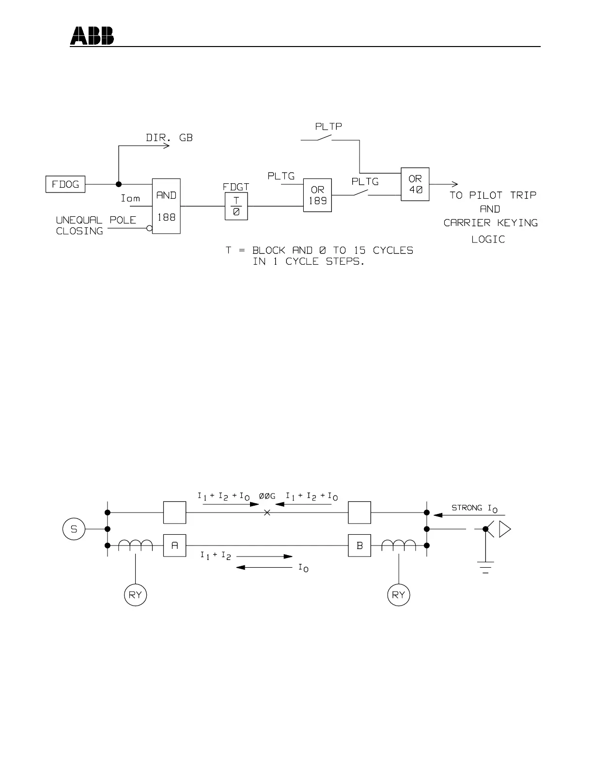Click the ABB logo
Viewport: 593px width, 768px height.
[x=92, y=36]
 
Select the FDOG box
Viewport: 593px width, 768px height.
[x=65, y=184]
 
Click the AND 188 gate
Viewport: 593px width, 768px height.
[x=166, y=206]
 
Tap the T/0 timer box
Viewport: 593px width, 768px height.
[x=236, y=206]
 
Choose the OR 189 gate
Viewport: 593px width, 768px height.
[x=317, y=195]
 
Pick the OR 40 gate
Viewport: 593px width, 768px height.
[x=415, y=184]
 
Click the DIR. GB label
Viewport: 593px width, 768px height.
[x=169, y=138]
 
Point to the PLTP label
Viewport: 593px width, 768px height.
[x=328, y=127]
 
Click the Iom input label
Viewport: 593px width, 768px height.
[x=130, y=198]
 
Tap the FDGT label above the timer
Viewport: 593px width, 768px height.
[x=236, y=187]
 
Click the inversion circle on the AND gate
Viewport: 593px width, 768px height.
[x=150, y=228]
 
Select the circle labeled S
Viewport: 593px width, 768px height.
[x=74, y=529]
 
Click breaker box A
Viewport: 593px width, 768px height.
[x=174, y=545]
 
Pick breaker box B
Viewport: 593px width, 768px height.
[x=359, y=545]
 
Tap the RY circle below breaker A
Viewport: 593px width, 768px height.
[x=135, y=595]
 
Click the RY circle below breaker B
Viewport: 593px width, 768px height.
[x=398, y=595]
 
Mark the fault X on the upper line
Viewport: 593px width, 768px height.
[x=267, y=512]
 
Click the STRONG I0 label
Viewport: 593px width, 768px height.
[x=474, y=508]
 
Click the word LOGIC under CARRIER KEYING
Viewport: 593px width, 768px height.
[x=488, y=240]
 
